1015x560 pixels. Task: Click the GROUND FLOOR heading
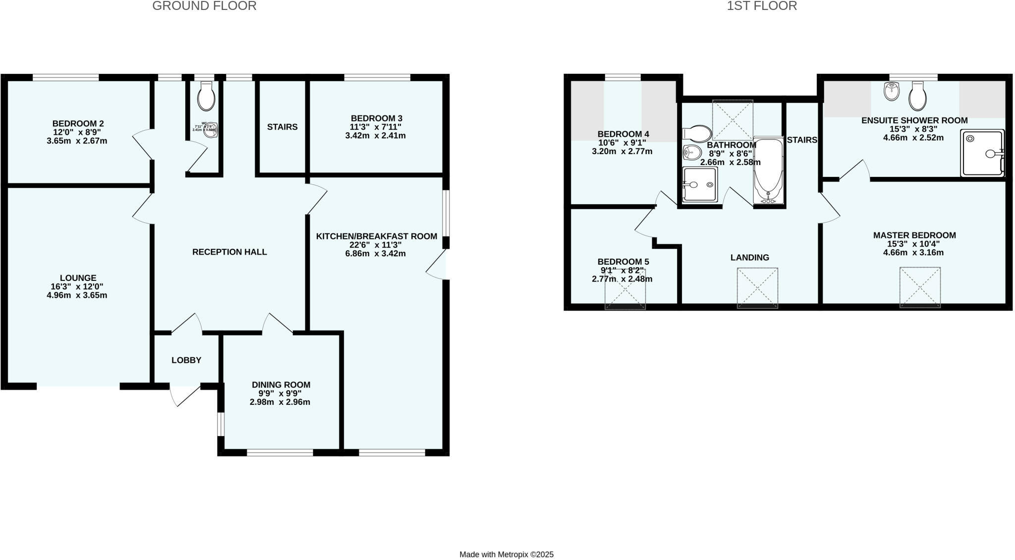click(x=204, y=6)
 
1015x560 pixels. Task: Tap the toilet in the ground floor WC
click(x=206, y=96)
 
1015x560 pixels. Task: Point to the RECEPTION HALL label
click(x=229, y=252)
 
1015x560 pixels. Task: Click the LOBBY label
click(x=186, y=360)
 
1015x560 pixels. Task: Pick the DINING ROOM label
click(x=281, y=385)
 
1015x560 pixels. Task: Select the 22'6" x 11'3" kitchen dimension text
click(x=375, y=245)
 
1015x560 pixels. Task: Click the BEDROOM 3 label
click(x=376, y=118)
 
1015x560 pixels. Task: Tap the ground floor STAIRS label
click(x=282, y=127)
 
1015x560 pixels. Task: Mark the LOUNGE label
click(x=78, y=279)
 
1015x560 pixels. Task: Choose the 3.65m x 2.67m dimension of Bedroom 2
click(x=77, y=141)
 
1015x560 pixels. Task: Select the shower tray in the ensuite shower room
click(x=982, y=153)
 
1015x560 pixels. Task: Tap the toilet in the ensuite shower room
click(x=917, y=96)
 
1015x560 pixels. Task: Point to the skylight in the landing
click(x=757, y=287)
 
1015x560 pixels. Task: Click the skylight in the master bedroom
click(x=920, y=287)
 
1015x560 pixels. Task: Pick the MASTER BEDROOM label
click(x=914, y=235)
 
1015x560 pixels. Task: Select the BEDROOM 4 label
click(x=623, y=134)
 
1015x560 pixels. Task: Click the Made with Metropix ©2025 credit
click(x=506, y=555)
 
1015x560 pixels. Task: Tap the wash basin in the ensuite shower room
click(x=891, y=92)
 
